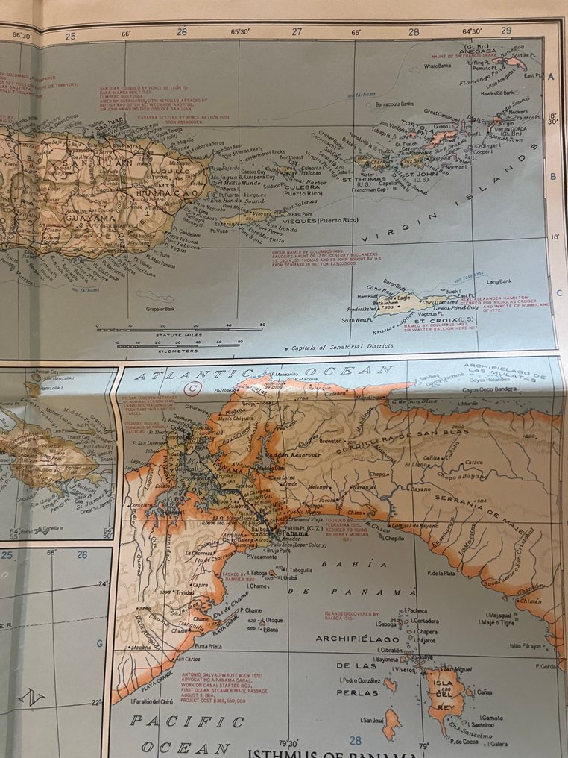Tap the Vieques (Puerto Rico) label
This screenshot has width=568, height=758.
[329, 221]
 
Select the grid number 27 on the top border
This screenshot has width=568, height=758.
[297, 32]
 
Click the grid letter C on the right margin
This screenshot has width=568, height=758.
[559, 292]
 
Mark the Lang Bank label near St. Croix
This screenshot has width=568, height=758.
[499, 281]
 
